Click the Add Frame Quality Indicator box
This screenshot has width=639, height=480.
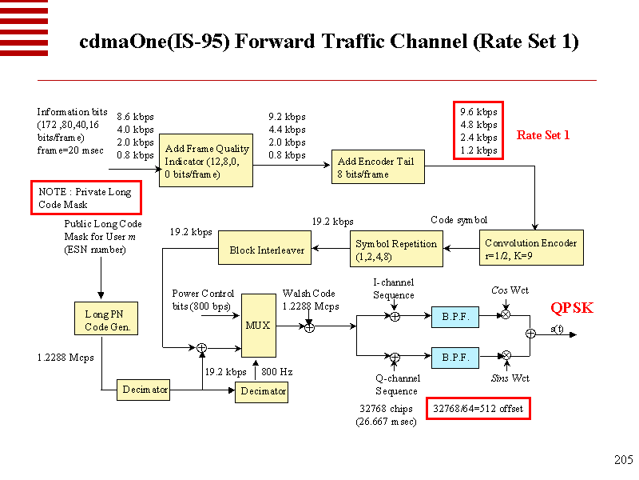pos(207,161)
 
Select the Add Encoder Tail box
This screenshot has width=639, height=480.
pos(377,167)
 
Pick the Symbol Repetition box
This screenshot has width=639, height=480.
pos(396,250)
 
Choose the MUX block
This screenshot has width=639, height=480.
pos(258,325)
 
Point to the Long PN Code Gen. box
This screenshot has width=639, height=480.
pos(101,321)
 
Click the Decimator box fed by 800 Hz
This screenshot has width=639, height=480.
pos(262,391)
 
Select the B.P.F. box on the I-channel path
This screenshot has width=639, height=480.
pos(455,317)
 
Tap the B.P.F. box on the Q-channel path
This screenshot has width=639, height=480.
pos(455,357)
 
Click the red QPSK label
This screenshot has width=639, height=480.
pos(572,308)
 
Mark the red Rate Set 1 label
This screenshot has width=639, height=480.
pos(543,135)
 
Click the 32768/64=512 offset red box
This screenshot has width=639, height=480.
pos(477,409)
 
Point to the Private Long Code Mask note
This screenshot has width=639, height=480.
pos(85,198)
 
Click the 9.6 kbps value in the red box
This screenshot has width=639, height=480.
pos(478,112)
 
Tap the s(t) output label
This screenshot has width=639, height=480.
pos(557,329)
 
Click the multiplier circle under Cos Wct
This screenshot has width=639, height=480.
pos(505,315)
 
